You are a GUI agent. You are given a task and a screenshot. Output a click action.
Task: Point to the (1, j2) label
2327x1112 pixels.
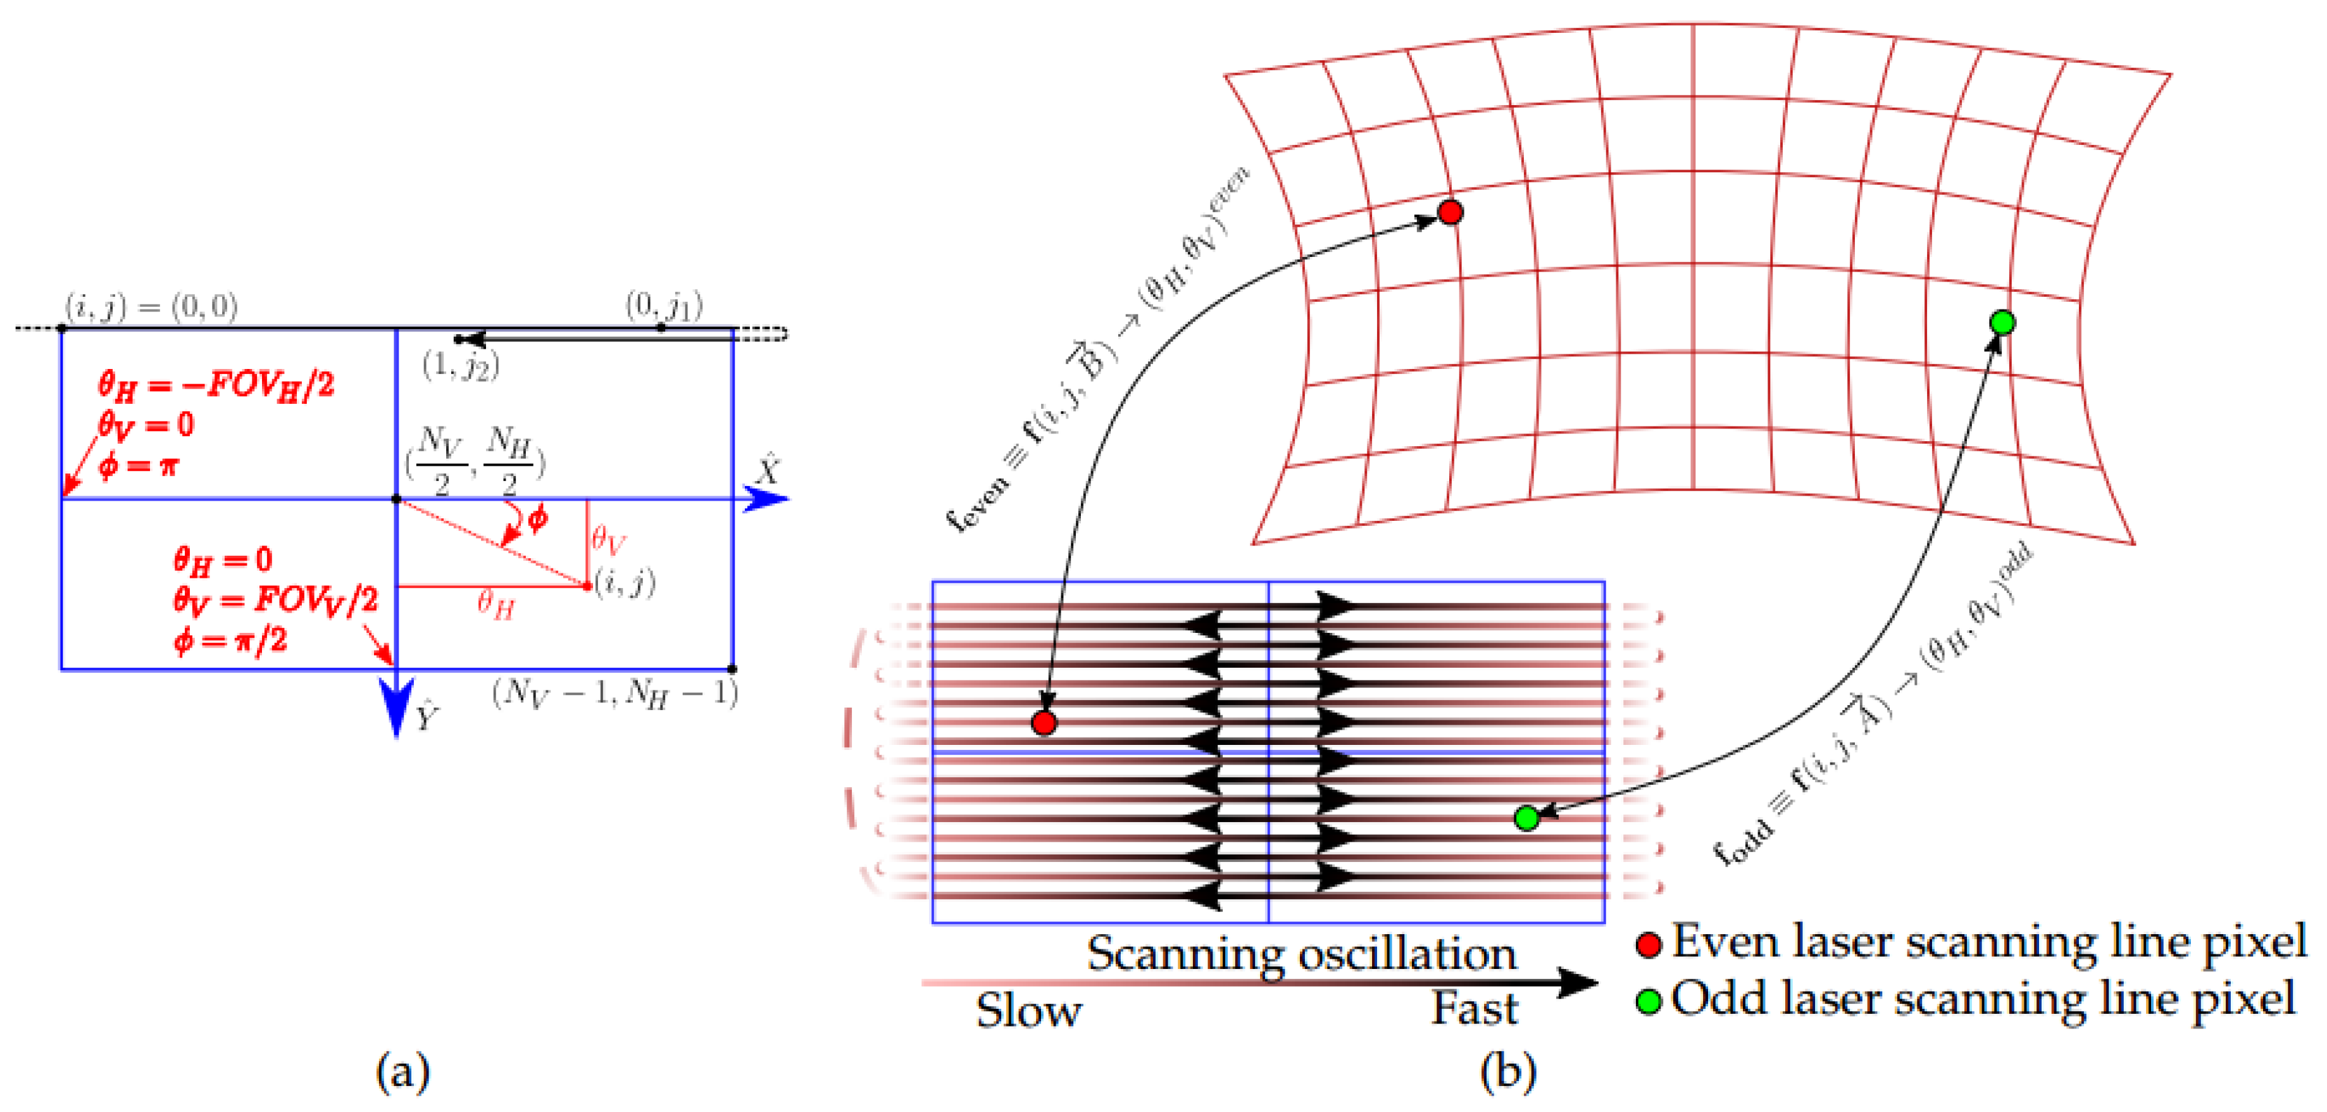[x=461, y=365]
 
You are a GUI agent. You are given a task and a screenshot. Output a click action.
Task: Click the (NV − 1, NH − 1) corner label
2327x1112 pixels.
[x=615, y=694]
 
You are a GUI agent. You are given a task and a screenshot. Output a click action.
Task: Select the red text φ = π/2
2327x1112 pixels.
[x=230, y=640]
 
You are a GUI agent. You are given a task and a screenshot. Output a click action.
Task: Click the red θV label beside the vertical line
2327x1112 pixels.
[x=609, y=540]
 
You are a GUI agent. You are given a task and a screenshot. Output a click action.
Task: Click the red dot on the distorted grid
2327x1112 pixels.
[x=1450, y=212]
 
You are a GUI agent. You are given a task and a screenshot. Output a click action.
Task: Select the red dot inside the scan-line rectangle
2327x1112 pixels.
[x=1044, y=723]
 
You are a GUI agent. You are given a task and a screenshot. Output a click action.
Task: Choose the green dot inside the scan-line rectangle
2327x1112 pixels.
[x=1526, y=818]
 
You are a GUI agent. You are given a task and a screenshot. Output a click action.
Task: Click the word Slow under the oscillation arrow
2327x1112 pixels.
[x=1029, y=1011]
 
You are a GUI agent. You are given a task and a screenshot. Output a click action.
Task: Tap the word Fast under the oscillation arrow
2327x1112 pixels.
[x=1475, y=1008]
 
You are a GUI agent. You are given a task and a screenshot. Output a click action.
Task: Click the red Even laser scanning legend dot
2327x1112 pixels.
[x=1649, y=945]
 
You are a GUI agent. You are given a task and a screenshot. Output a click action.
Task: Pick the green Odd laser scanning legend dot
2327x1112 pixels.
[x=1649, y=1001]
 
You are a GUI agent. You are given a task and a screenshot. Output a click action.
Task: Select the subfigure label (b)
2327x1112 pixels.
[x=1507, y=1071]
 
